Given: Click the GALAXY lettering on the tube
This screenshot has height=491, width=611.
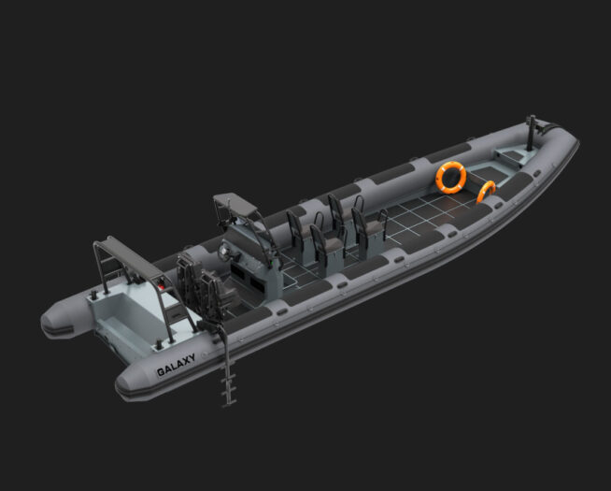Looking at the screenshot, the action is pos(176,365).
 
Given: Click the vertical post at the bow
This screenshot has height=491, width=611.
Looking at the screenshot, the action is pos(531,133).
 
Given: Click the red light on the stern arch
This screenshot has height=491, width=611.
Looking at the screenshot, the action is pos(161,287).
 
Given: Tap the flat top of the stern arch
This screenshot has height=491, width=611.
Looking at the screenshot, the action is pos(133,257).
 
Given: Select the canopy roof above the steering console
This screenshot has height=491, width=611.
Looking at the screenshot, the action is pos(235,204).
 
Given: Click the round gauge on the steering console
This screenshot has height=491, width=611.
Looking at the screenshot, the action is pos(224,253).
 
